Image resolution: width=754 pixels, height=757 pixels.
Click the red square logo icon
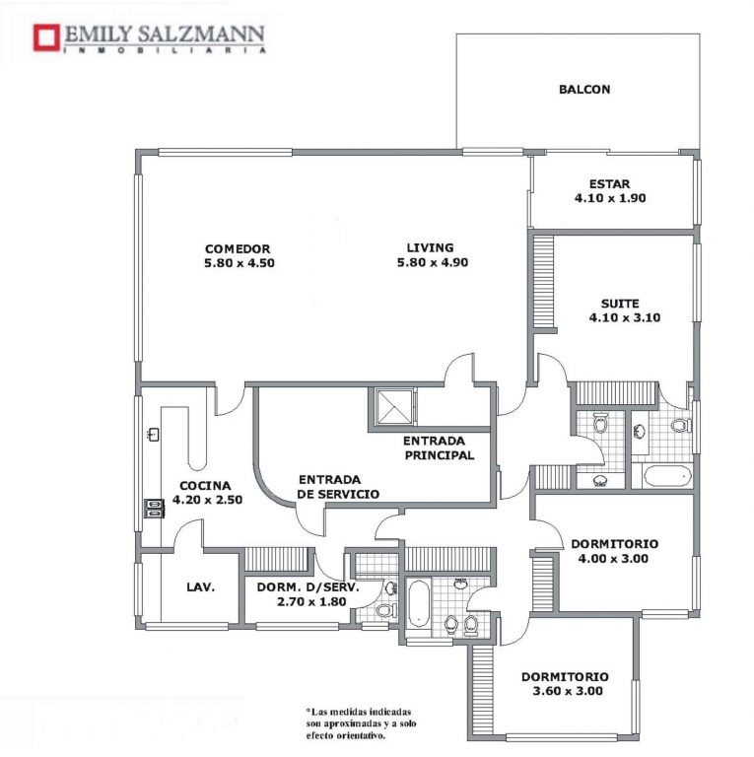(x=46, y=37)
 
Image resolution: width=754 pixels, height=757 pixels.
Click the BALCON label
(x=584, y=90)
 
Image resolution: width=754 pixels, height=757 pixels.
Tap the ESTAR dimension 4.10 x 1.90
(x=610, y=198)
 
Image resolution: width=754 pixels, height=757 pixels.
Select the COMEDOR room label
(x=238, y=249)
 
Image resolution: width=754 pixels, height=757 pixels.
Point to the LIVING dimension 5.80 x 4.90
(x=433, y=262)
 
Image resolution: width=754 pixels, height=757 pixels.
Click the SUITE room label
(x=620, y=304)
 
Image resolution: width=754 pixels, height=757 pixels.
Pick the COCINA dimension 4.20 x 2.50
(x=207, y=500)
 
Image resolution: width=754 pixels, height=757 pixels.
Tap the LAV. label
(x=200, y=587)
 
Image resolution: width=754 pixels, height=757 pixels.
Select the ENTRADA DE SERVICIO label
(x=338, y=487)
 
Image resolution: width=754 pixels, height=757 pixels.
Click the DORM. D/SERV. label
(x=308, y=587)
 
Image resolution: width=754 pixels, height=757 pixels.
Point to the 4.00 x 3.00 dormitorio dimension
(x=613, y=559)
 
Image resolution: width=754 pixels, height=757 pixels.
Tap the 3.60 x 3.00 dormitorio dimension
(x=568, y=691)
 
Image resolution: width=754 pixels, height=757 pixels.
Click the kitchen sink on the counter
(x=154, y=434)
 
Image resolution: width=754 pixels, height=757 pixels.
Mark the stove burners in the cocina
(x=155, y=509)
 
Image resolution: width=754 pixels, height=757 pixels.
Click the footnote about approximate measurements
(x=361, y=723)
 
